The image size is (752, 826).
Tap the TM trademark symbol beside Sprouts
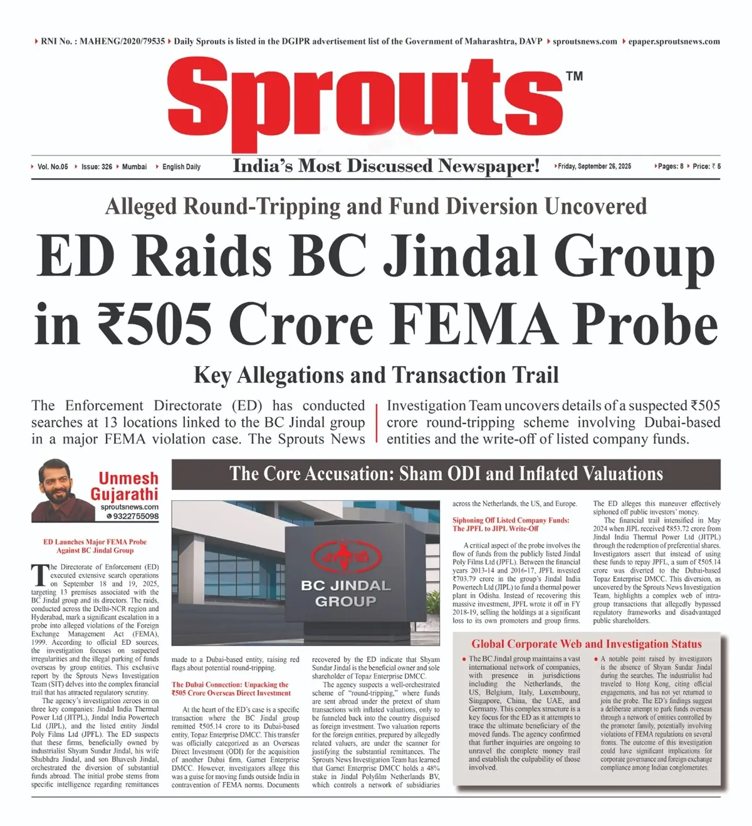point(574,76)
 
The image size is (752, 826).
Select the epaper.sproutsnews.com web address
point(674,41)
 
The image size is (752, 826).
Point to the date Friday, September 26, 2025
point(595,167)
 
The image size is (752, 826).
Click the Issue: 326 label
point(97,167)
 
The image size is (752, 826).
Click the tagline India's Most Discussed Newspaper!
point(386,166)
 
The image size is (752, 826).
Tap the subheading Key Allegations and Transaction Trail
point(376,375)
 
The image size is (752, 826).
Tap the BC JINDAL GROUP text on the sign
point(345,593)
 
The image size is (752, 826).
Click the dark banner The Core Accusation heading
point(446,474)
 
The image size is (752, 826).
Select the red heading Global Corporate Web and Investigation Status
point(586,644)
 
